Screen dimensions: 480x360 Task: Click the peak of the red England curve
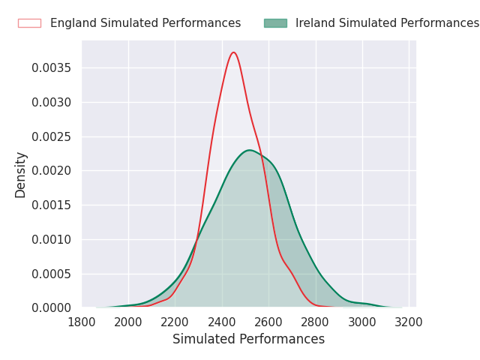[x=234, y=52]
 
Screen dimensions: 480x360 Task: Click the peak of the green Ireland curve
[x=250, y=150]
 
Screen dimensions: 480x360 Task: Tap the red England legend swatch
[x=30, y=23]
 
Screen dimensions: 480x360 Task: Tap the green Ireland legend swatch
[x=275, y=23]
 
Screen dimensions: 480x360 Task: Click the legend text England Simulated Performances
[x=145, y=23]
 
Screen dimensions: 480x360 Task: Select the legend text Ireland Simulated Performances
[x=387, y=23]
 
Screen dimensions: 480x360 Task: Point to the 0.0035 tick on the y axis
[x=51, y=68]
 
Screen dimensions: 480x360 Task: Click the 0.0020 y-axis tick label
[x=51, y=171]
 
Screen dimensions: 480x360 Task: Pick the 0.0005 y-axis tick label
[x=51, y=274]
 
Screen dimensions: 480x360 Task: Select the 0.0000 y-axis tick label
[x=51, y=308]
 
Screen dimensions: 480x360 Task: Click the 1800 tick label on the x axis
[x=82, y=322]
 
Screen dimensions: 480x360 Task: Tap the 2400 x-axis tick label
[x=222, y=322]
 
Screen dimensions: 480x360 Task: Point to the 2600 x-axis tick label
[x=268, y=322]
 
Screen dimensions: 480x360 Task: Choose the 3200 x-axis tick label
[x=409, y=322]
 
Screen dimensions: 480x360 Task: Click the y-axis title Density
[x=20, y=175]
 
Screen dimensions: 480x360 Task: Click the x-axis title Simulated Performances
[x=248, y=339]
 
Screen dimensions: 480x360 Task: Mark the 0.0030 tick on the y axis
[x=51, y=102]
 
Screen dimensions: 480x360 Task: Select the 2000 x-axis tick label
[x=128, y=322]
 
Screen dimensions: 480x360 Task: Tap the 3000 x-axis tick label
[x=362, y=322]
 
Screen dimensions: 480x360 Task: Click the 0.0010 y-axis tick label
[x=51, y=240]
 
